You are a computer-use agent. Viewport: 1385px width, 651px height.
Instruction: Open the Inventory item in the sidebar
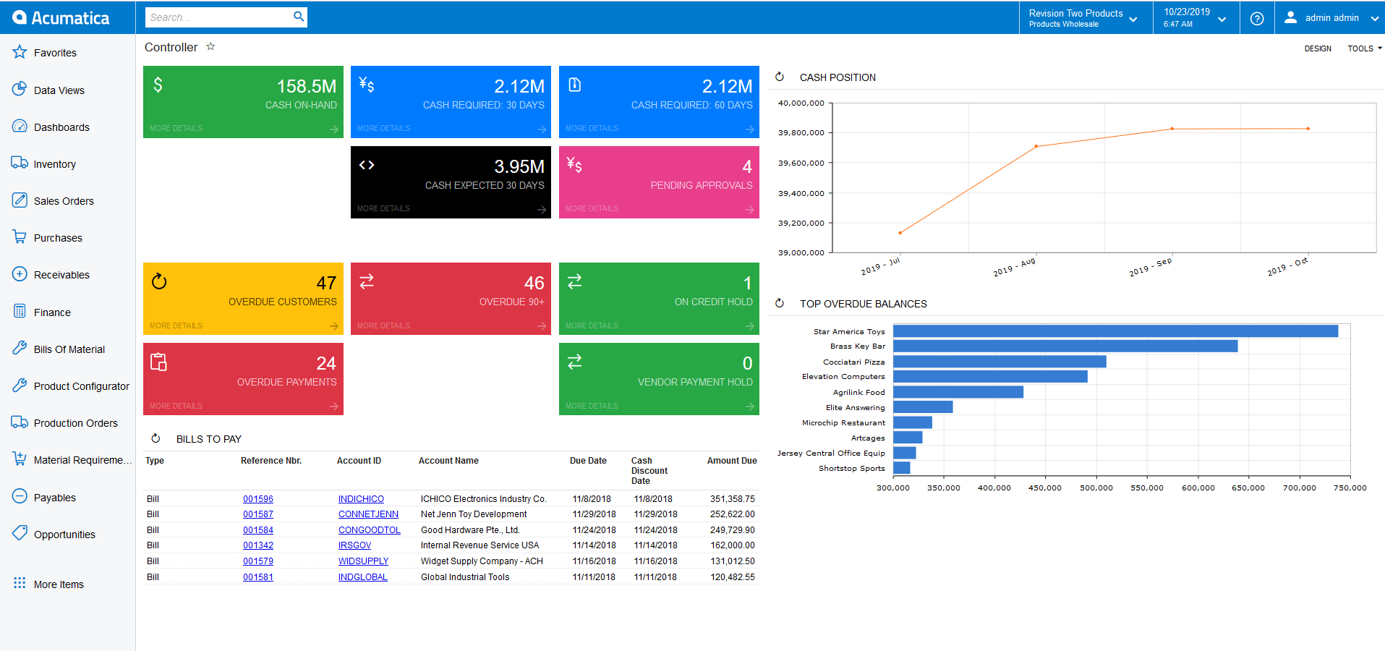click(54, 164)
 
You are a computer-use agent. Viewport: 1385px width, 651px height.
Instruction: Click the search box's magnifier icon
click(299, 17)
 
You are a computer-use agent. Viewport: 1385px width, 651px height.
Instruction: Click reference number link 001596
click(258, 499)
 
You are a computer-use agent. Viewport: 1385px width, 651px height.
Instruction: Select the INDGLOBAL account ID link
click(362, 577)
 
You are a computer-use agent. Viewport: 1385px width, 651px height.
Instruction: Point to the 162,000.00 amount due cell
click(732, 545)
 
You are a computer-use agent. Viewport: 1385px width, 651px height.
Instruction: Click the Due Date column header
click(588, 461)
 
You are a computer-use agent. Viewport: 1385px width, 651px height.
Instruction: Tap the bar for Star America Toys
click(1115, 331)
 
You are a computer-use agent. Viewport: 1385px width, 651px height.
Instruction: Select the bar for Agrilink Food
click(958, 392)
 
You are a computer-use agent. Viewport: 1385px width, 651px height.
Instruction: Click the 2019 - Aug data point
click(1036, 146)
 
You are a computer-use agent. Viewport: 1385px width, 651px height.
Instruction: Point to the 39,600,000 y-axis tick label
click(801, 163)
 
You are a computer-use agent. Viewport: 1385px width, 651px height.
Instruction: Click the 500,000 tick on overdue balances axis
click(1096, 488)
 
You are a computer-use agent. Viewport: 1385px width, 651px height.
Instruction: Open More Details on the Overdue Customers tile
click(176, 325)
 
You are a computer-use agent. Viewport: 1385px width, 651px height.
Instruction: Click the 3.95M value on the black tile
click(519, 166)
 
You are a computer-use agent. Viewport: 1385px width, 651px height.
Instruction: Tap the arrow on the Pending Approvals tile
click(749, 210)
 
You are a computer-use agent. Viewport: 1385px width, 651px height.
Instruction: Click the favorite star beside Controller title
click(210, 46)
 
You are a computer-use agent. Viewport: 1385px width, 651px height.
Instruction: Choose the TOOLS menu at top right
click(1363, 48)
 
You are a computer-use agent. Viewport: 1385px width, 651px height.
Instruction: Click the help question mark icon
click(1257, 19)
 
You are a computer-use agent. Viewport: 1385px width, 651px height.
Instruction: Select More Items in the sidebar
click(59, 584)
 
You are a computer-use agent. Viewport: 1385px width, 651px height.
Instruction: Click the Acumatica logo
click(61, 18)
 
